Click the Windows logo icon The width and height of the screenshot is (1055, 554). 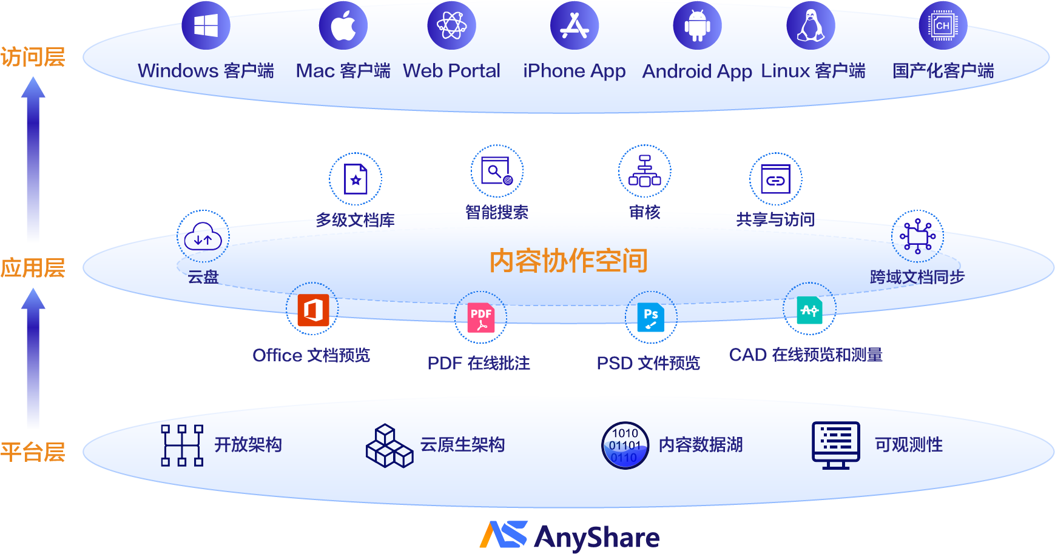[x=206, y=25]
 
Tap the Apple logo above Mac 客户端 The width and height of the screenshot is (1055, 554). [x=343, y=25]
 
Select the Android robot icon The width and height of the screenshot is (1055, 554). [x=697, y=25]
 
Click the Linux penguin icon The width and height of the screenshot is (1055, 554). [x=811, y=25]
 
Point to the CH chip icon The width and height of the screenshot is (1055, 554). [x=943, y=25]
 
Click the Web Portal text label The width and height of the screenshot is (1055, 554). [x=451, y=71]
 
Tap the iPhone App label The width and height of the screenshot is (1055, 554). [x=574, y=72]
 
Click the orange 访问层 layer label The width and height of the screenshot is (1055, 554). [x=33, y=57]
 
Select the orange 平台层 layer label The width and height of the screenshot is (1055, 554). [x=33, y=452]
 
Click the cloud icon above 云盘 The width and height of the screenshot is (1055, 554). [x=203, y=236]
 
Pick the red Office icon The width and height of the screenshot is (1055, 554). [x=313, y=310]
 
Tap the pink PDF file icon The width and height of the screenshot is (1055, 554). [x=481, y=318]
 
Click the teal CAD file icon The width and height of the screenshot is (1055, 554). [x=809, y=310]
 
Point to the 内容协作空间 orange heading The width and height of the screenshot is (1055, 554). [x=568, y=261]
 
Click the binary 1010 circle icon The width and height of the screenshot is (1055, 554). [x=625, y=446]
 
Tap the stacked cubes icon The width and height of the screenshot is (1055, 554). [x=389, y=446]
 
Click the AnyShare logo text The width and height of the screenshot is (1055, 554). [x=597, y=537]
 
